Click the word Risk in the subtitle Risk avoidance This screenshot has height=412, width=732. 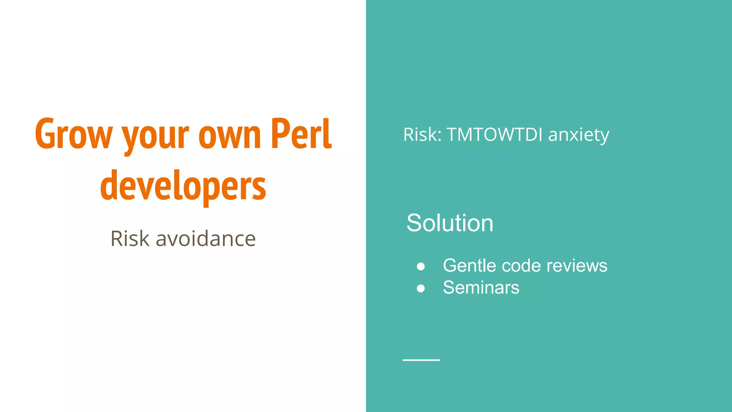click(130, 239)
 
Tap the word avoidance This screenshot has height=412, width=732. click(206, 239)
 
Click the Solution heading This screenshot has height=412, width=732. click(450, 223)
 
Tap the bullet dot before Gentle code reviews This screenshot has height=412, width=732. click(421, 266)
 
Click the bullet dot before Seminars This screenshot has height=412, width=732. click(421, 288)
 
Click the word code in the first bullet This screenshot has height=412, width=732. click(521, 266)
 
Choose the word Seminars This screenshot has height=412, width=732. click(481, 288)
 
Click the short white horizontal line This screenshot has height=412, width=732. click(421, 360)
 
